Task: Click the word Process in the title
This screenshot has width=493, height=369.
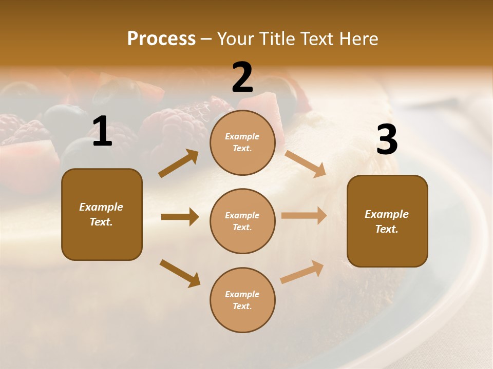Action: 161,39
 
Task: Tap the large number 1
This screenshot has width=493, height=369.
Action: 102,132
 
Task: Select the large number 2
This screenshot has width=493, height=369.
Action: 242,77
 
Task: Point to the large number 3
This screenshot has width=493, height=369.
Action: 387,140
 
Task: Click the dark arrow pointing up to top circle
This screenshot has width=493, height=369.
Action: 179,163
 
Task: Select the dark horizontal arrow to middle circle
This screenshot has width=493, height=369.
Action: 180,217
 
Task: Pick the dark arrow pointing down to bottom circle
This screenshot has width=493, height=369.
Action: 180,273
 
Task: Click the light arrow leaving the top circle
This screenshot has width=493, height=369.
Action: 306,163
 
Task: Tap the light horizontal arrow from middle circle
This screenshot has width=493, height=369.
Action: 304,215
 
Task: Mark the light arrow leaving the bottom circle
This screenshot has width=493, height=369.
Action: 302,272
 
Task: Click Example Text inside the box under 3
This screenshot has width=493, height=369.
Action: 387,221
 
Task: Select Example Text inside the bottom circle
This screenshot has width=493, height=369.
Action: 242,300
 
